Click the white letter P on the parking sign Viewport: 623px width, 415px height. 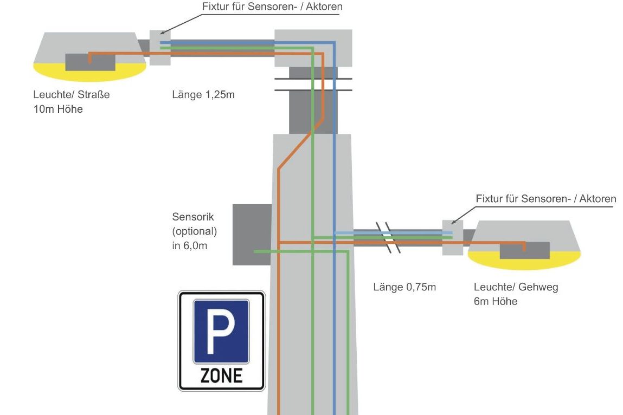222,330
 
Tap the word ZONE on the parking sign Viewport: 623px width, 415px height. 221,375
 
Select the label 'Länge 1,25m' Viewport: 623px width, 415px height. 203,95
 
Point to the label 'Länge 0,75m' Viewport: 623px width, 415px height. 404,287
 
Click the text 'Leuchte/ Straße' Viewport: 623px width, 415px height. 72,95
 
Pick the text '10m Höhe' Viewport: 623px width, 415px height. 58,109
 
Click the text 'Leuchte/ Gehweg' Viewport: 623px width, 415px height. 516,287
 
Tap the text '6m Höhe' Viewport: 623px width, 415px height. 496,301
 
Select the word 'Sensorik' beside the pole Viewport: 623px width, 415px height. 193,217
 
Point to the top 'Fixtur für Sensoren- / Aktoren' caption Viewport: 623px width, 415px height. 272,7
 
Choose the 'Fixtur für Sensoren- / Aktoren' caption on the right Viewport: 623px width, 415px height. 546,199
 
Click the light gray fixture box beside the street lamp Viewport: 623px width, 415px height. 160,48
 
